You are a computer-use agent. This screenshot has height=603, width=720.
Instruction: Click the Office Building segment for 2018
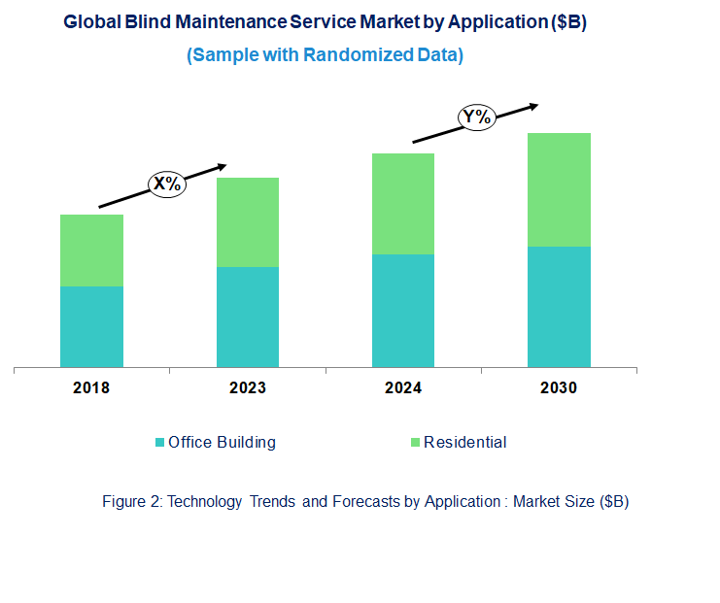(91, 326)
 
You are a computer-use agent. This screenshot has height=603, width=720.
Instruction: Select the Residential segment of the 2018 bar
(91, 251)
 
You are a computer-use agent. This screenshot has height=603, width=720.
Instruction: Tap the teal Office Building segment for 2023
(247, 317)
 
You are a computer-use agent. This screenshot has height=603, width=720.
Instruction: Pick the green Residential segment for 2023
(247, 222)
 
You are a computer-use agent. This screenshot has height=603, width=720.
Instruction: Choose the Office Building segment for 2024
(402, 311)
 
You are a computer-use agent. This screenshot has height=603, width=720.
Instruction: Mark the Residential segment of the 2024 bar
(402, 204)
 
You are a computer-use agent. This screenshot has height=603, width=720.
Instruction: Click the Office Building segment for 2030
(559, 307)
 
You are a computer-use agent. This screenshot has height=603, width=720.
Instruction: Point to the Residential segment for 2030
(559, 189)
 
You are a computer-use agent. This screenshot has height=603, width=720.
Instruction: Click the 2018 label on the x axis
(91, 388)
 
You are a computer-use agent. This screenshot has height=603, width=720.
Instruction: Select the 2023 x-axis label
(247, 388)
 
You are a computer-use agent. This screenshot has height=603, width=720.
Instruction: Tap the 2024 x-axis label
(402, 388)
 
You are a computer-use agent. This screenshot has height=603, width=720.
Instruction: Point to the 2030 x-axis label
(559, 388)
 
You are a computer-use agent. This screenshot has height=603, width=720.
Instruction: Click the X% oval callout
(166, 184)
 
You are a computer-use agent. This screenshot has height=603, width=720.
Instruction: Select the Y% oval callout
(477, 118)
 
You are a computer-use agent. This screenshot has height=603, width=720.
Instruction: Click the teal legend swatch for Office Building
(160, 443)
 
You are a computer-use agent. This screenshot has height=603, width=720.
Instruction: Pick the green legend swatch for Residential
(415, 443)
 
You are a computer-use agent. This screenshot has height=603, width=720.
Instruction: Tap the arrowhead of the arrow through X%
(223, 166)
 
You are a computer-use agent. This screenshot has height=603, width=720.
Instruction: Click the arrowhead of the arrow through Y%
(533, 105)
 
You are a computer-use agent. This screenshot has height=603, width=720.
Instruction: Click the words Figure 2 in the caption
(131, 502)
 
